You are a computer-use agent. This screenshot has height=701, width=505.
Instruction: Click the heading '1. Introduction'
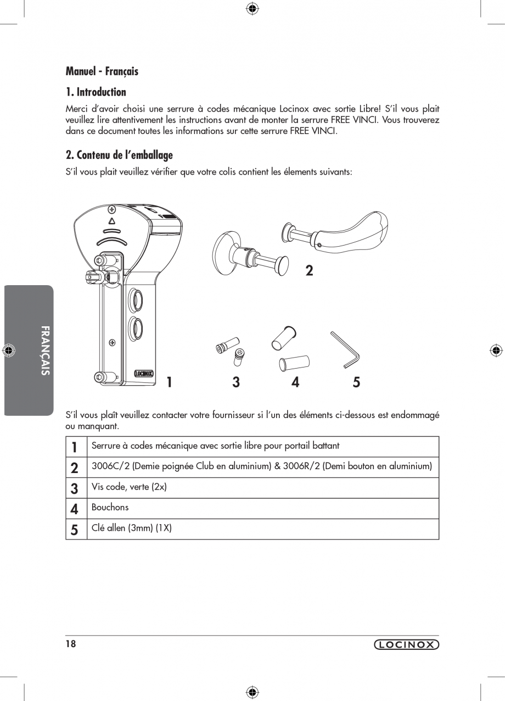(96, 92)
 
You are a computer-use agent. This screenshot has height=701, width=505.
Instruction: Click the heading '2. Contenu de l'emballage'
(119, 155)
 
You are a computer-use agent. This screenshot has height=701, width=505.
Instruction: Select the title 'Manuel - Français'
(102, 71)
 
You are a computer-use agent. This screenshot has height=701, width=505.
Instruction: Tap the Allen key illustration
(345, 349)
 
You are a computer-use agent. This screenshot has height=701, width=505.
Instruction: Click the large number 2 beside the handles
(309, 270)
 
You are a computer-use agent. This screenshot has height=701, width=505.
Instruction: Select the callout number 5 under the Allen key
(356, 382)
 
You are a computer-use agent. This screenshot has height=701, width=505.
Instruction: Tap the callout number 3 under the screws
(236, 382)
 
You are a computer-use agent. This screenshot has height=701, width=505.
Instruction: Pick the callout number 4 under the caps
(295, 382)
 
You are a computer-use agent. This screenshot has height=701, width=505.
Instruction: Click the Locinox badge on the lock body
(144, 374)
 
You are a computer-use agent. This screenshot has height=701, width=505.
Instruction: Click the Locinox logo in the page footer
(406, 645)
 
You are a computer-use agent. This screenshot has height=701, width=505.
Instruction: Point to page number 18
(71, 644)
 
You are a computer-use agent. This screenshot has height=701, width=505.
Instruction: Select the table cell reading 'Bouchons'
(110, 508)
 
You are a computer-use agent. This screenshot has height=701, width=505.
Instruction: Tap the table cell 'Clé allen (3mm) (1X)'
(132, 528)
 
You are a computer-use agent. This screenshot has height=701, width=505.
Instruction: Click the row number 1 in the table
(75, 447)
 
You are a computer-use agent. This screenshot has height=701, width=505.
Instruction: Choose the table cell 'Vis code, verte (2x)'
(129, 487)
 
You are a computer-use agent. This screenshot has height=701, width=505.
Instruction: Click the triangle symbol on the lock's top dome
(111, 221)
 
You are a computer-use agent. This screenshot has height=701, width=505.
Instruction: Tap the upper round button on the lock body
(135, 301)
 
